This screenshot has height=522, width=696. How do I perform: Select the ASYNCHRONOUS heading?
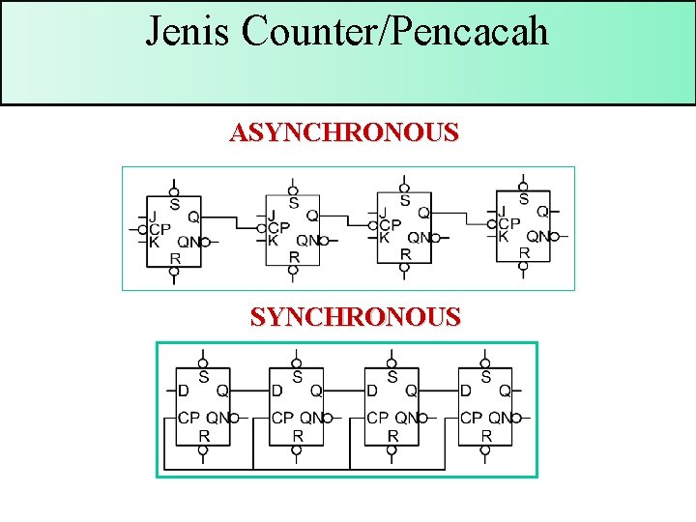coord(343,132)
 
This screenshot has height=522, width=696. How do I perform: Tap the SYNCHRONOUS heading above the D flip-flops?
coord(355,316)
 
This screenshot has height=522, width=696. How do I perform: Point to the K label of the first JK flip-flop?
coord(154,242)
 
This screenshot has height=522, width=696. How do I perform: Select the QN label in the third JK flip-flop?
coord(418,238)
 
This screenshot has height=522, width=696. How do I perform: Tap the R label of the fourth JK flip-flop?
coord(524,252)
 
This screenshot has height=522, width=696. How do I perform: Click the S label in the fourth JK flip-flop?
coord(524,199)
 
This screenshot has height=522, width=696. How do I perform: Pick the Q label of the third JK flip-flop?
coord(423,213)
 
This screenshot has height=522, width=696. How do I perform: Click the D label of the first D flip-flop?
coord(183,391)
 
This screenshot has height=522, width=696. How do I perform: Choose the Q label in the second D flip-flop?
coord(316,391)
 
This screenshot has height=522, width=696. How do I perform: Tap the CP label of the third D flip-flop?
coord(377,419)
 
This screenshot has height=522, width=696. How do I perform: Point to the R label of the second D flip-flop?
coord(298,436)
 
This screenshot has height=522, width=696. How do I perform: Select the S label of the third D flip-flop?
coord(391,376)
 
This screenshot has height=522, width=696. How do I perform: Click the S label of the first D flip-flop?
coord(203,376)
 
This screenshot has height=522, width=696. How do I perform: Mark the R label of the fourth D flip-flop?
coord(486,436)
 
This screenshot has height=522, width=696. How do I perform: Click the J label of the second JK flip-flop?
coord(272,215)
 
